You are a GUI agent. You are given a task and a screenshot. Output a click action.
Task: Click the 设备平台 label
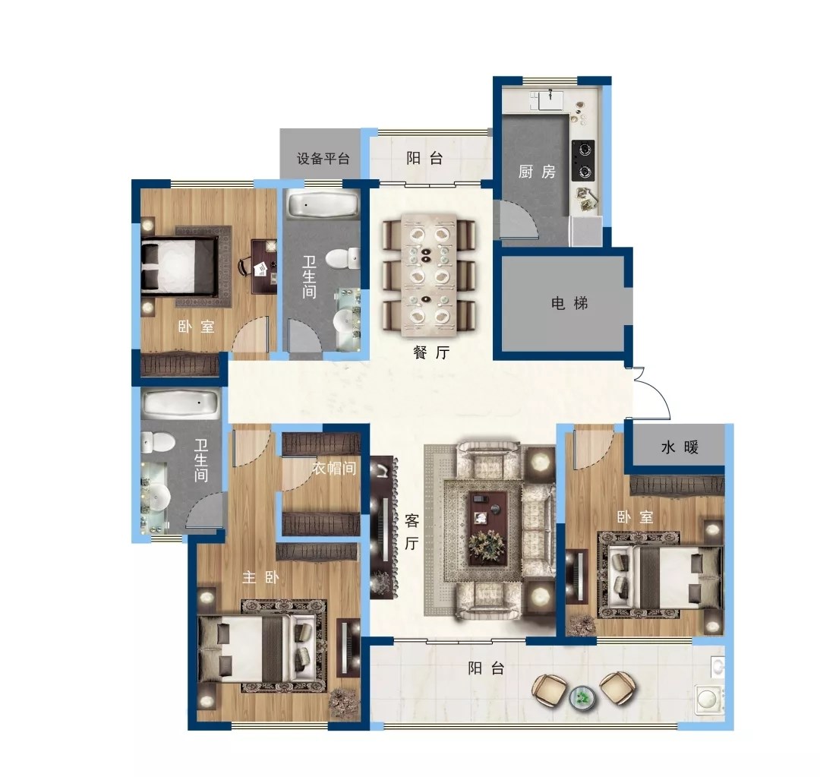(x=323, y=158)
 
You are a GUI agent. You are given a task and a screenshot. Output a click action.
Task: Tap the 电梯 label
(x=569, y=303)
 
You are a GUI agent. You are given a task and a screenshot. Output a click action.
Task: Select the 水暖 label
(x=680, y=447)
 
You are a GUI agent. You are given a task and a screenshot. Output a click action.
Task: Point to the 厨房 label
(x=537, y=171)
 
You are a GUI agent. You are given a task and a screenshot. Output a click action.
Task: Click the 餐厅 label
(x=431, y=352)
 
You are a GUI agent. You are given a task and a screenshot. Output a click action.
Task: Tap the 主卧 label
(x=260, y=577)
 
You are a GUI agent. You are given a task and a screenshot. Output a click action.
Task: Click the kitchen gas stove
(x=583, y=160)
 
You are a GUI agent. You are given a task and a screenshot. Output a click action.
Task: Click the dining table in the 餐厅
(x=429, y=274)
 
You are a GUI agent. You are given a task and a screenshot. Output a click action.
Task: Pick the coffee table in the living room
(x=487, y=529)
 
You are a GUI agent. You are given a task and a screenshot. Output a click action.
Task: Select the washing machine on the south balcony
(x=710, y=699)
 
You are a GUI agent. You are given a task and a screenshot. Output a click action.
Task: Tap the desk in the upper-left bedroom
(x=265, y=267)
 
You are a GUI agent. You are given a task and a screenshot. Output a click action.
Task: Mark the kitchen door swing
(x=519, y=220)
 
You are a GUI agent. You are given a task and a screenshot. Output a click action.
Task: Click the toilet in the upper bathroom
(x=343, y=258)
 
